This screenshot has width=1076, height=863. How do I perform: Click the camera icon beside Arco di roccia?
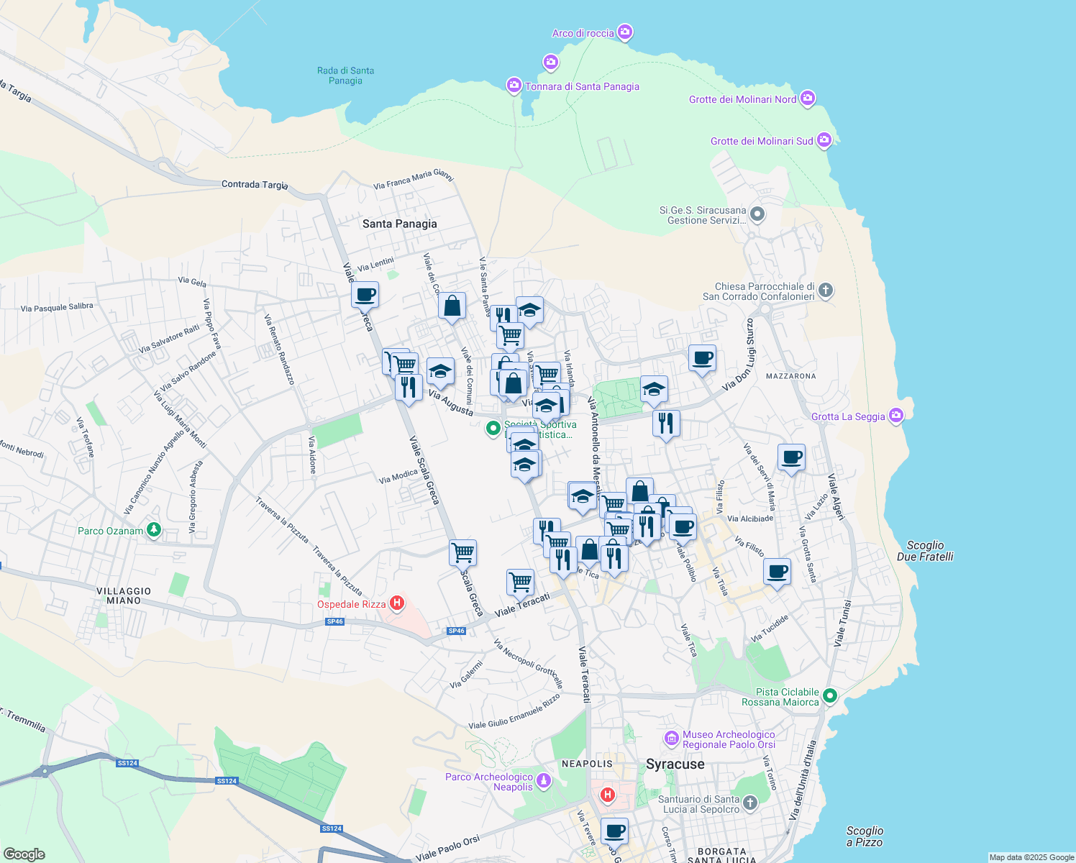tap(625, 32)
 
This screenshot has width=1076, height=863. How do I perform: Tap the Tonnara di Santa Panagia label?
tap(582, 86)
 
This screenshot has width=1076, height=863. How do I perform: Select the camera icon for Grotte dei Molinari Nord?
tap(808, 99)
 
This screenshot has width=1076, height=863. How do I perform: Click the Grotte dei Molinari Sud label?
tap(762, 141)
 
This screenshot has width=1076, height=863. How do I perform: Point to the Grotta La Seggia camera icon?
tap(895, 416)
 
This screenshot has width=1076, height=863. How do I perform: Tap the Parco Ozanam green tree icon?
tap(153, 530)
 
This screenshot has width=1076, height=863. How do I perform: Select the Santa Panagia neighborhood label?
tap(399, 224)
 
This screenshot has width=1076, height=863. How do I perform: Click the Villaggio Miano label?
tap(124, 595)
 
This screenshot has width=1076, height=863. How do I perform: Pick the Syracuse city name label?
tap(675, 764)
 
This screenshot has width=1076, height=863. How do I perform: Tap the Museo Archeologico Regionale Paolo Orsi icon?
tap(672, 739)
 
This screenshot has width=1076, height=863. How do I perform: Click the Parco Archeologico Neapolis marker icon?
tap(544, 781)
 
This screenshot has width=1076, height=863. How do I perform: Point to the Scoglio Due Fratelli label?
tap(925, 551)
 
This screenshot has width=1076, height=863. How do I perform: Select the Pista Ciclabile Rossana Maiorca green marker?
tap(830, 695)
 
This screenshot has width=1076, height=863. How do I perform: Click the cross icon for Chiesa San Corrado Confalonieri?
tap(826, 291)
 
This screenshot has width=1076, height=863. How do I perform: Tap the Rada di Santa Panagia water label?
tap(345, 76)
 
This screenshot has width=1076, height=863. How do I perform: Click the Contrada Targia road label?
tap(255, 185)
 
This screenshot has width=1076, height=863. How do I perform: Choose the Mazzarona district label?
tap(790, 376)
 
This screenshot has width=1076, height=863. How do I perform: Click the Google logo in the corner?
tap(24, 854)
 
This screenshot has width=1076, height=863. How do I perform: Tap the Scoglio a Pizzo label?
tap(865, 836)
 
